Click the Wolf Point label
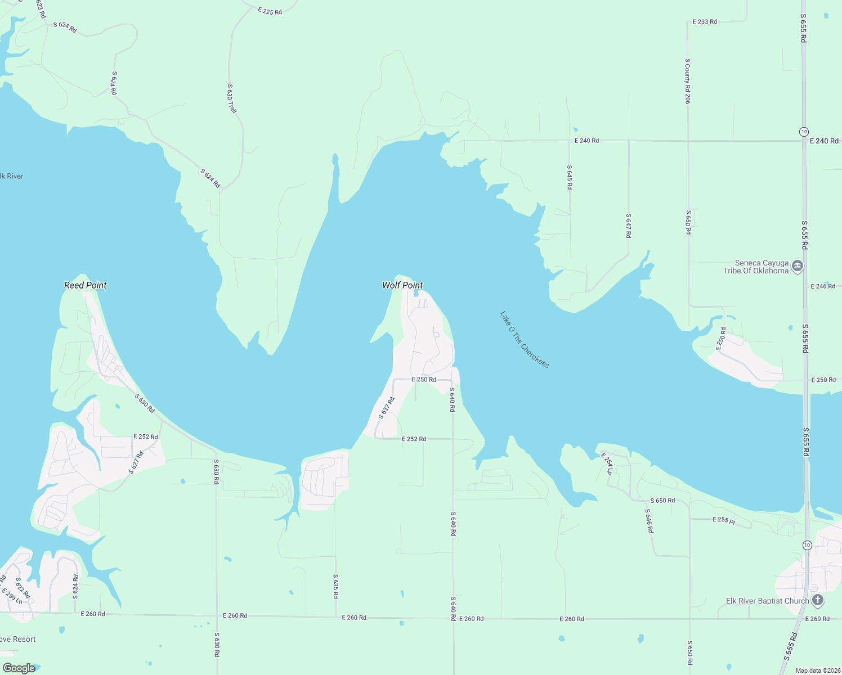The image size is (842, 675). click(x=402, y=285)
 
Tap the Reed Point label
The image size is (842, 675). click(x=86, y=285)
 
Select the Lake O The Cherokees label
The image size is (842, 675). click(x=525, y=340)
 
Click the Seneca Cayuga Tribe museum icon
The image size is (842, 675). click(x=797, y=266)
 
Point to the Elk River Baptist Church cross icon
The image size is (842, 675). click(x=818, y=601)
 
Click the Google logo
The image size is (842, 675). click(x=19, y=668)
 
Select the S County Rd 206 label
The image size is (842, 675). click(x=687, y=81)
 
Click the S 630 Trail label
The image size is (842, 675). click(x=231, y=98)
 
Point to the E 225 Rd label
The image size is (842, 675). click(x=270, y=11)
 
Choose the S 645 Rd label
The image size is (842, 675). click(x=570, y=177)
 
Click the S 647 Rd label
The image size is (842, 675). click(x=629, y=226)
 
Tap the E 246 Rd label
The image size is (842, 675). click(x=823, y=286)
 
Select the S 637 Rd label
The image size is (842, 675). click(x=387, y=408)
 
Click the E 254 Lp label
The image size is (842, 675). click(x=606, y=463)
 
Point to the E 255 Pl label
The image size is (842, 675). click(x=724, y=520)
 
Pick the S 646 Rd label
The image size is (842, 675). click(x=649, y=521)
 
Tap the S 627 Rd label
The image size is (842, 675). click(x=136, y=462)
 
